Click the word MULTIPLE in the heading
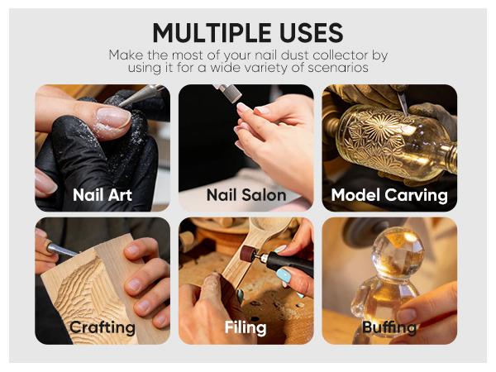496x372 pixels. coord(212,32)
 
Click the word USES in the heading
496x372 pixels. coord(312,32)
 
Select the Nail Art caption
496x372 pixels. coord(103,194)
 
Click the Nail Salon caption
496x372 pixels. coord(246,194)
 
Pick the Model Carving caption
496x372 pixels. coord(389,195)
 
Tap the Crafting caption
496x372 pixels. coord(103,327)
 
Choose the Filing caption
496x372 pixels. coord(246,327)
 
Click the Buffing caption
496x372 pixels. coord(389,327)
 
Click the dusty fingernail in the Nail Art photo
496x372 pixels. coord(113,117)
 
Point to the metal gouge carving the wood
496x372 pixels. coord(62,249)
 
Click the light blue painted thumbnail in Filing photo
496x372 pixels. coord(284,275)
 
